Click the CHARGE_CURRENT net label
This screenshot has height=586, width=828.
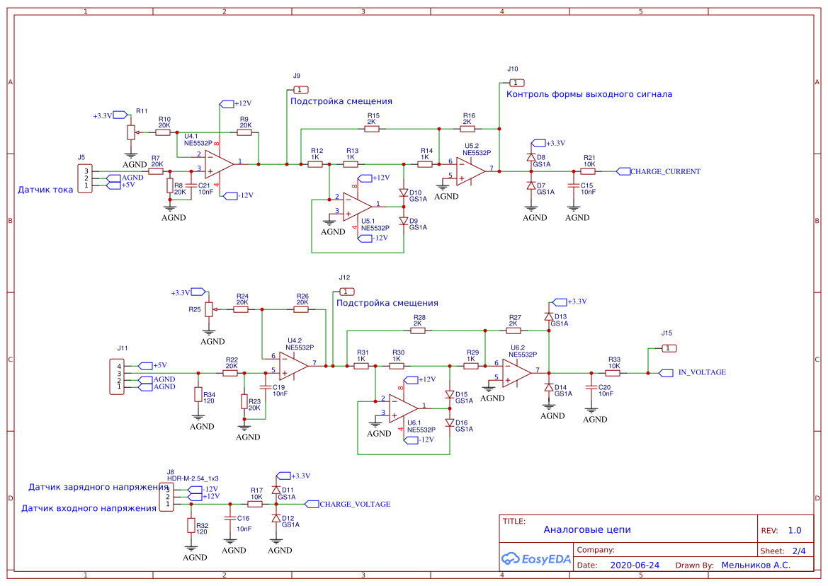[x=664, y=171]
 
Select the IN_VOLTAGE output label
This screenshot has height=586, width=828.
[x=701, y=372]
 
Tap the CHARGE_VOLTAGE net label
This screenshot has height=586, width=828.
[x=354, y=505]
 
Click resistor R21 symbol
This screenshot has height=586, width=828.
[x=588, y=171]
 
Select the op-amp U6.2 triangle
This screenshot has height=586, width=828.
[x=517, y=373]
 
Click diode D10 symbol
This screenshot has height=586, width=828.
[x=404, y=193]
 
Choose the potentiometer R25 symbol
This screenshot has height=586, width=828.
[x=209, y=309]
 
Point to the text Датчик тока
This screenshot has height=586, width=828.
[x=45, y=190]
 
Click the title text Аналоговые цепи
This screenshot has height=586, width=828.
[x=586, y=529]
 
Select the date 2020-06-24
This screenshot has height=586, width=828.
[x=634, y=565]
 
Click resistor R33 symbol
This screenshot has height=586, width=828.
[x=613, y=373]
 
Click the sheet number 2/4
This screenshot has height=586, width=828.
[x=798, y=550]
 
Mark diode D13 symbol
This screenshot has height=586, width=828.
[x=548, y=316]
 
